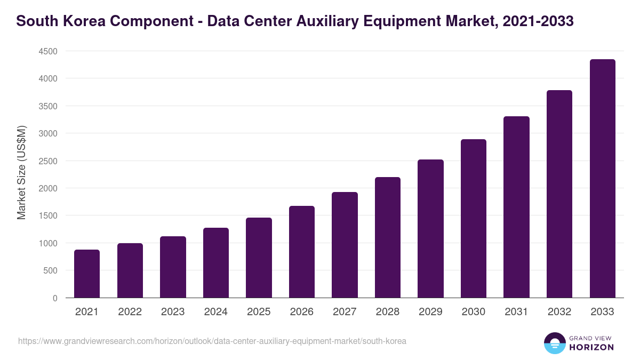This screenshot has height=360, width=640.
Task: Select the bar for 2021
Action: (87, 274)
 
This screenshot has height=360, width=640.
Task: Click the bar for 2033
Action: (602, 179)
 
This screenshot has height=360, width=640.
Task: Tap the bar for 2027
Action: (345, 245)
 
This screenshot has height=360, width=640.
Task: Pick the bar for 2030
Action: (474, 219)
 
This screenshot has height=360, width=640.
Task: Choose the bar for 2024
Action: (216, 263)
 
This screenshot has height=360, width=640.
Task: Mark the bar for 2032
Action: (559, 194)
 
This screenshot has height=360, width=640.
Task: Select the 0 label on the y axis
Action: (54, 298)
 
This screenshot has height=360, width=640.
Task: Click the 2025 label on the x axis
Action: (259, 312)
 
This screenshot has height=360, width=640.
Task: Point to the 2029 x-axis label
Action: (430, 312)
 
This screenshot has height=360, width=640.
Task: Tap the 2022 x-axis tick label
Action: (130, 312)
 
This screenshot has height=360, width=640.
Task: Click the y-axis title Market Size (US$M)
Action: (21, 172)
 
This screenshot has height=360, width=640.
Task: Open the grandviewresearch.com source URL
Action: (212, 341)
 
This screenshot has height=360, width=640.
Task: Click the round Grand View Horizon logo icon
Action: (554, 343)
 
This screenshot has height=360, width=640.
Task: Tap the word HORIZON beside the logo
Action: (591, 347)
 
